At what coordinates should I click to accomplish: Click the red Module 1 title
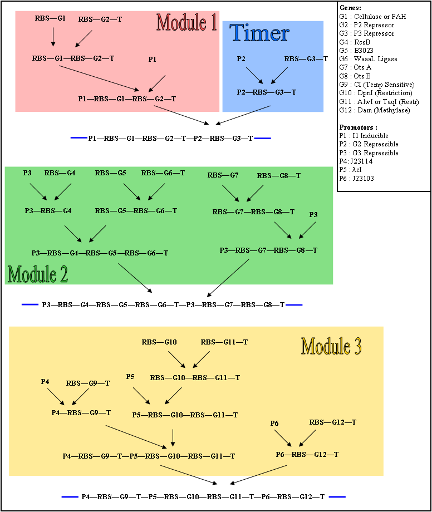pos(186,22)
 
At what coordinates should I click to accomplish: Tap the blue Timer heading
pos(259,33)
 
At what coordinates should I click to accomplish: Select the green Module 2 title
pos(38,273)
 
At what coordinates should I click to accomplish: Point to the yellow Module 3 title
pos(331,346)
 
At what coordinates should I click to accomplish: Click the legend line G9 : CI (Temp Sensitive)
pos(376,85)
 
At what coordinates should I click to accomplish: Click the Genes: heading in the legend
pos(350,8)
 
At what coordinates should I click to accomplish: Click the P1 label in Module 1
pos(153,59)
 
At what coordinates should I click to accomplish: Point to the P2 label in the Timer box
pos(241,59)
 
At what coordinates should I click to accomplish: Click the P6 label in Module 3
pos(274,424)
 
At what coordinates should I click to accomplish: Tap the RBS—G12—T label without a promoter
pos(333,422)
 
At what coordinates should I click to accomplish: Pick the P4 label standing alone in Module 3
pos(45,381)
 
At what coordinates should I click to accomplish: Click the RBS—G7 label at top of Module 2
pos(223,176)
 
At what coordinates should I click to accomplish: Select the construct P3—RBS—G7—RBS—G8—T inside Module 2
pos(268,250)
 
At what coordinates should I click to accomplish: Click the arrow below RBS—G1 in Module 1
pos(53,37)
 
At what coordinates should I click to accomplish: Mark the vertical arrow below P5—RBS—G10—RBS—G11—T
pos(173,437)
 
